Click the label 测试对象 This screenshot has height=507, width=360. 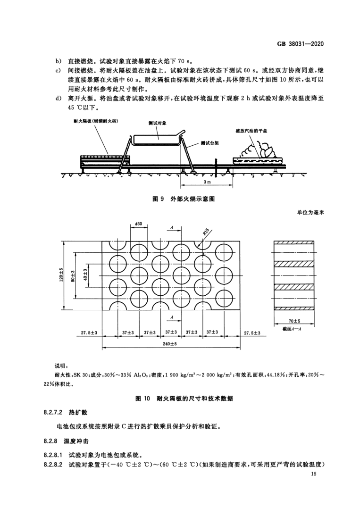click(156, 124)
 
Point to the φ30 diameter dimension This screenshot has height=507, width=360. click(138, 223)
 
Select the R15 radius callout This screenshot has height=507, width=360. click(206, 233)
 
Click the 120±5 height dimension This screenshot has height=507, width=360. click(61, 275)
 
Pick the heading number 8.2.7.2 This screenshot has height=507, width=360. click(53, 414)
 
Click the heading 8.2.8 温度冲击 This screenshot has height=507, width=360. click(63, 442)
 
